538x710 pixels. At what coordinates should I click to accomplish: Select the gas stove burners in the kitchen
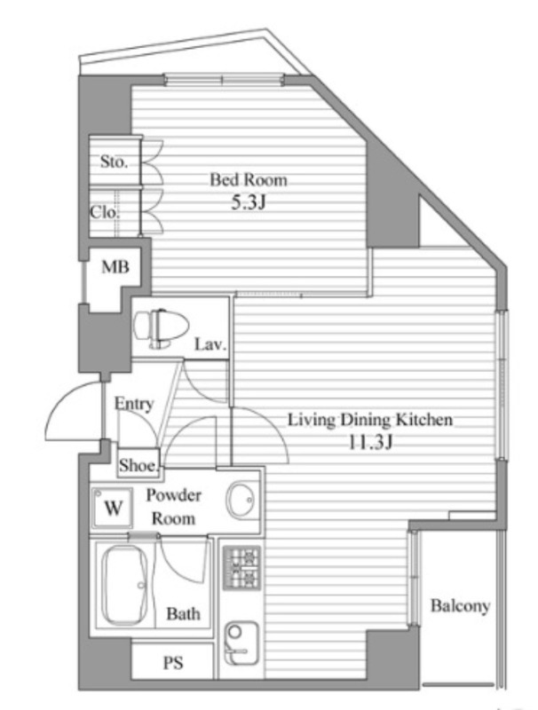click(241, 568)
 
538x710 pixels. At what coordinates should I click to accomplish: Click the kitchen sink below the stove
click(241, 643)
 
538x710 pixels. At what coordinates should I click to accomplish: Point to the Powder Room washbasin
click(241, 501)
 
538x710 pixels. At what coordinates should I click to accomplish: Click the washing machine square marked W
click(112, 508)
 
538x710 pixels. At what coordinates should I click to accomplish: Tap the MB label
click(115, 267)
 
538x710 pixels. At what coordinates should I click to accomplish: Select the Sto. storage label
click(114, 162)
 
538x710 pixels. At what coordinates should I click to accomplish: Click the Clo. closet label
click(105, 212)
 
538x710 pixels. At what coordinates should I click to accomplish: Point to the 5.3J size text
click(249, 202)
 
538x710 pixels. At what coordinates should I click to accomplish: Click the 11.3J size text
click(370, 442)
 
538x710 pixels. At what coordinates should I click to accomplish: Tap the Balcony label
click(460, 606)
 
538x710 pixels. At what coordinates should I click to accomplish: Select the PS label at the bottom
click(173, 663)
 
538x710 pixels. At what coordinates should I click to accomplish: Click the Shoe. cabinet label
click(139, 464)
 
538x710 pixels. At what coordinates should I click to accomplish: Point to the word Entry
click(133, 404)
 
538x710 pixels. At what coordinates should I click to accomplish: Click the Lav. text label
click(210, 345)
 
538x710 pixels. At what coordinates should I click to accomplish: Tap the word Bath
click(183, 614)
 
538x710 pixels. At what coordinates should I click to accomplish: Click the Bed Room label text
click(249, 180)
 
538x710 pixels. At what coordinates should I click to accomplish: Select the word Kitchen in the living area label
click(424, 419)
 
